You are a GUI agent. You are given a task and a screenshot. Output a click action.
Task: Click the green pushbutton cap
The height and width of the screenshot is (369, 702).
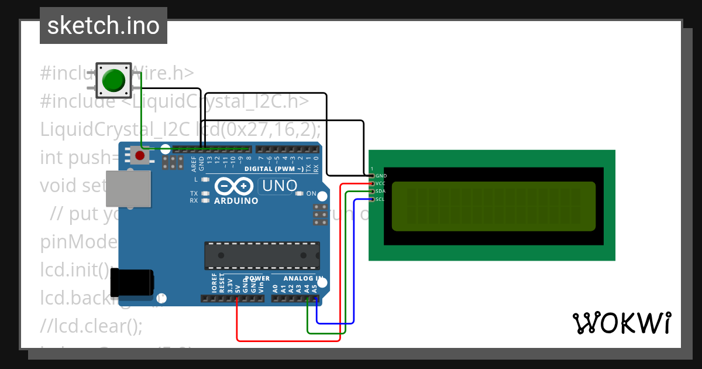click(x=113, y=80)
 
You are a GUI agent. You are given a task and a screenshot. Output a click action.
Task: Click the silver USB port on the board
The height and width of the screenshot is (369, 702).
click(x=128, y=189)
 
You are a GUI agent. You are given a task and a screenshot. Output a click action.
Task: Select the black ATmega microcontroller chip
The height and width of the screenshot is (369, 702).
click(x=261, y=256)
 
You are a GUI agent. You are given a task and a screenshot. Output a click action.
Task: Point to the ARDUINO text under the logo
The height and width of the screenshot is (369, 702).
click(x=236, y=200)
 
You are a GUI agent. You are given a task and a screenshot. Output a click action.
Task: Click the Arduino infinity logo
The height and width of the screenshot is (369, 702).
click(x=235, y=186)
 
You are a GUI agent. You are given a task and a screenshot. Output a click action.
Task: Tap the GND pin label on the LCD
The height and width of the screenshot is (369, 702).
click(x=381, y=176)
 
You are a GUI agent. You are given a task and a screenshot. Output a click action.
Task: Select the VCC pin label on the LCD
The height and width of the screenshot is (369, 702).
click(x=381, y=183)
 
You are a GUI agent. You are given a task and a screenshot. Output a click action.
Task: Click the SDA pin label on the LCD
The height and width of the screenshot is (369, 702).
click(x=381, y=191)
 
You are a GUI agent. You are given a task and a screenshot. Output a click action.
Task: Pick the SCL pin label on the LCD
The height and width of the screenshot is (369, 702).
click(x=380, y=199)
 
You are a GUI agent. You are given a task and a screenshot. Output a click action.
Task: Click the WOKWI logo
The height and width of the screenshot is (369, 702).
click(x=621, y=323)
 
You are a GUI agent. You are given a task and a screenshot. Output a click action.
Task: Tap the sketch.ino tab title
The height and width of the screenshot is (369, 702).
click(x=104, y=26)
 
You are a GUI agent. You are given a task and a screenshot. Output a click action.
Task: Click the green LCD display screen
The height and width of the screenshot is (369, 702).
click(x=493, y=206)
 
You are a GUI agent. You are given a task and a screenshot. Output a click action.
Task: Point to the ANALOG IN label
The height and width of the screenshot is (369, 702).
click(x=303, y=278)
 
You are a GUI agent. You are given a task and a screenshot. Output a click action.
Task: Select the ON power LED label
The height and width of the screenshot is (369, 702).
click(x=311, y=194)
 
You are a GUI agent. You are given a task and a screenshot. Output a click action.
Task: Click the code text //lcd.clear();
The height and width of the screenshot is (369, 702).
click(x=91, y=325)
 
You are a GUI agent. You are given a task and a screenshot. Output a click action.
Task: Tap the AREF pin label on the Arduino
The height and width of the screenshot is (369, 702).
click(x=194, y=163)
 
